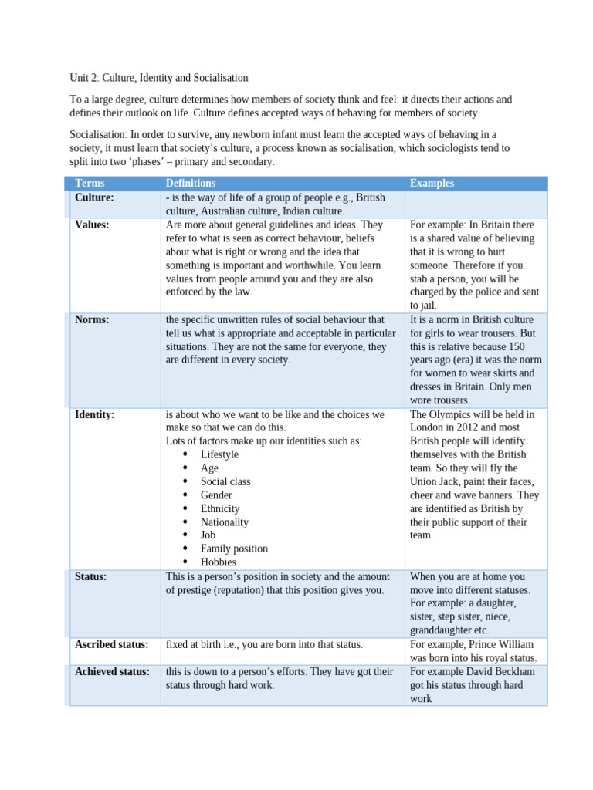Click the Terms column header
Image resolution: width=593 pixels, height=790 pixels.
coord(90,183)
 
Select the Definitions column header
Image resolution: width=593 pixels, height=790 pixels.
coord(191,183)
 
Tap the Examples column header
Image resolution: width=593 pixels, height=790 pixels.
coord(432,183)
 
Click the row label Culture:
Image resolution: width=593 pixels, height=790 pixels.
coord(94,197)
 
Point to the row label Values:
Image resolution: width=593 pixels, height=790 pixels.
coord(92,225)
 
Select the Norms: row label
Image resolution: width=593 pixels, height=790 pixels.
coord(92,319)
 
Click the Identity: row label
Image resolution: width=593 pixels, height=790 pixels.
coord(94,414)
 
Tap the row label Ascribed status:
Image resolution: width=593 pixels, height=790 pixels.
coord(111,644)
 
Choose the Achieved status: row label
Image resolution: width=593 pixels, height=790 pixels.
coord(112,671)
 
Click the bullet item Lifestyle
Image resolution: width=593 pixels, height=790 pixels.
coord(219,454)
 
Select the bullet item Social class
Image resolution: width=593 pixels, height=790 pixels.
coord(225,481)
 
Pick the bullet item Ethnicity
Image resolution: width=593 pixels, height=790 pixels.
coord(220,508)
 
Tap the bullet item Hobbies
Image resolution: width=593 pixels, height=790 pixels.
coord(218,562)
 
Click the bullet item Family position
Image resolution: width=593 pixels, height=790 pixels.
coord(234,549)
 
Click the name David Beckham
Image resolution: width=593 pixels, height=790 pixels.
coord(501,671)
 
